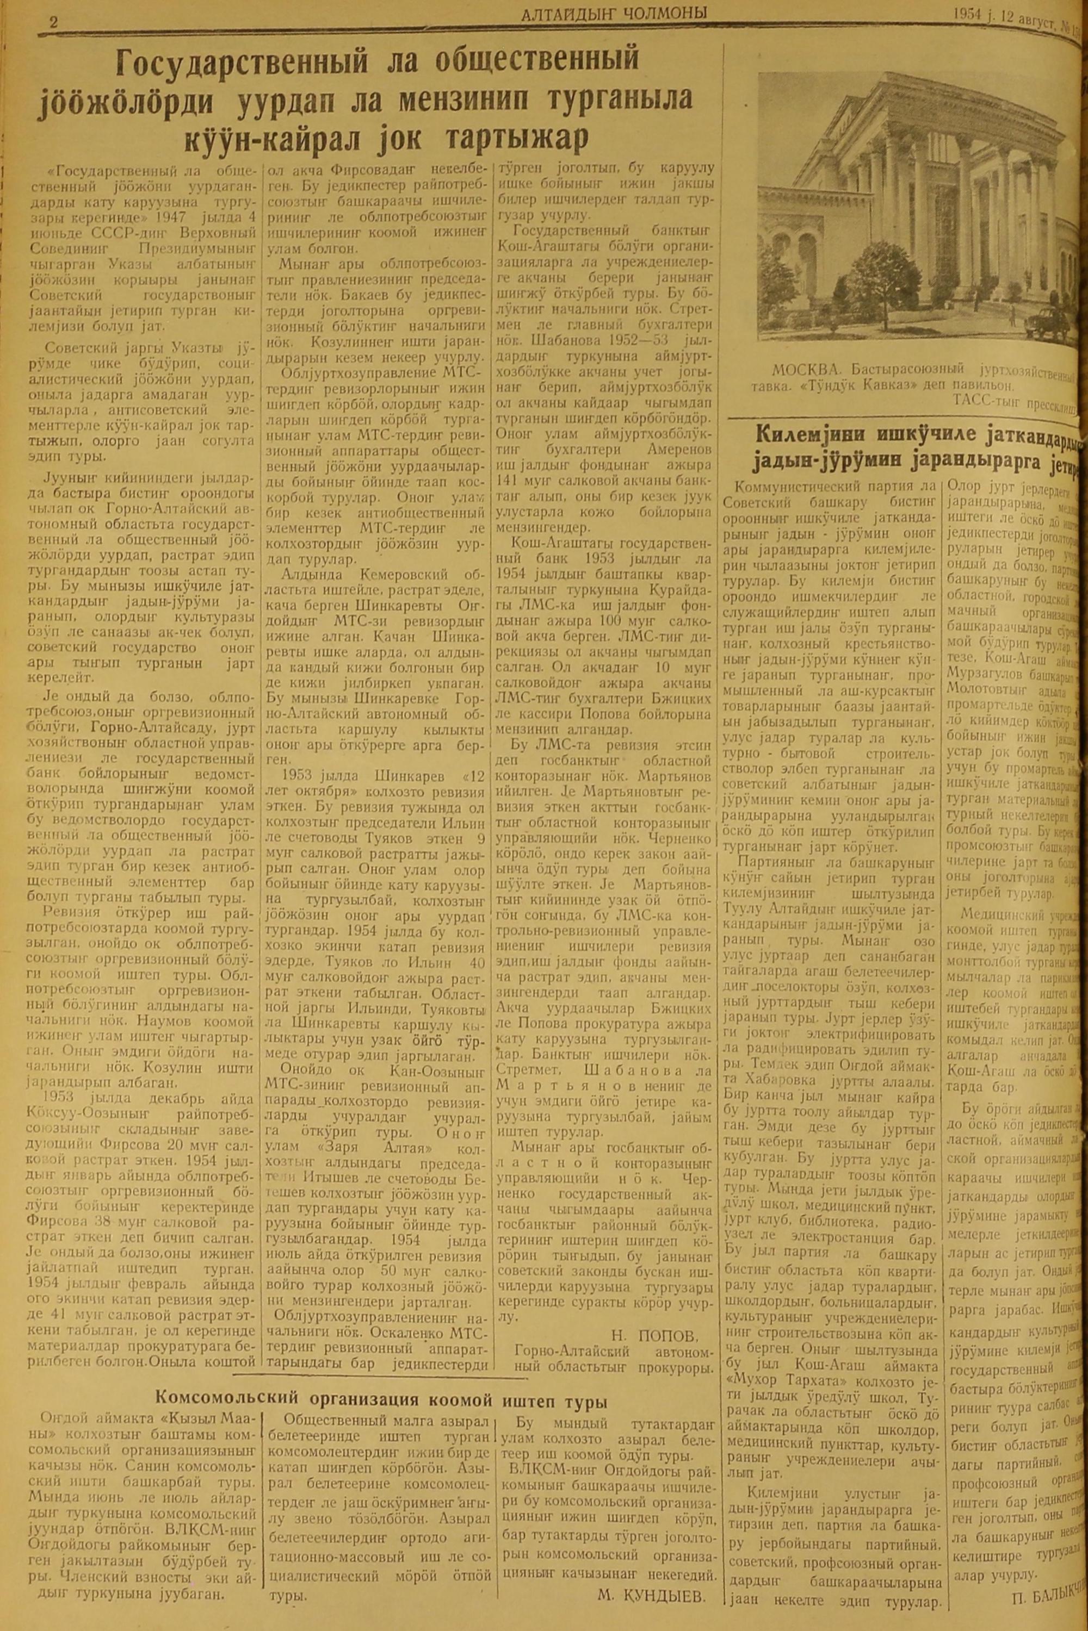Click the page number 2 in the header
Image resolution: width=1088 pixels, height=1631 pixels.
click(53, 22)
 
